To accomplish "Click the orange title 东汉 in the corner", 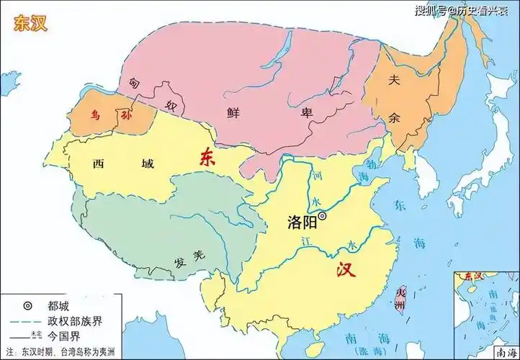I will [x=31, y=22].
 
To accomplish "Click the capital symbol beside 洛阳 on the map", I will [x=322, y=215].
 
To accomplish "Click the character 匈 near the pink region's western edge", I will [x=134, y=84].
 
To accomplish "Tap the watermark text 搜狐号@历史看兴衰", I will [x=461, y=11].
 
